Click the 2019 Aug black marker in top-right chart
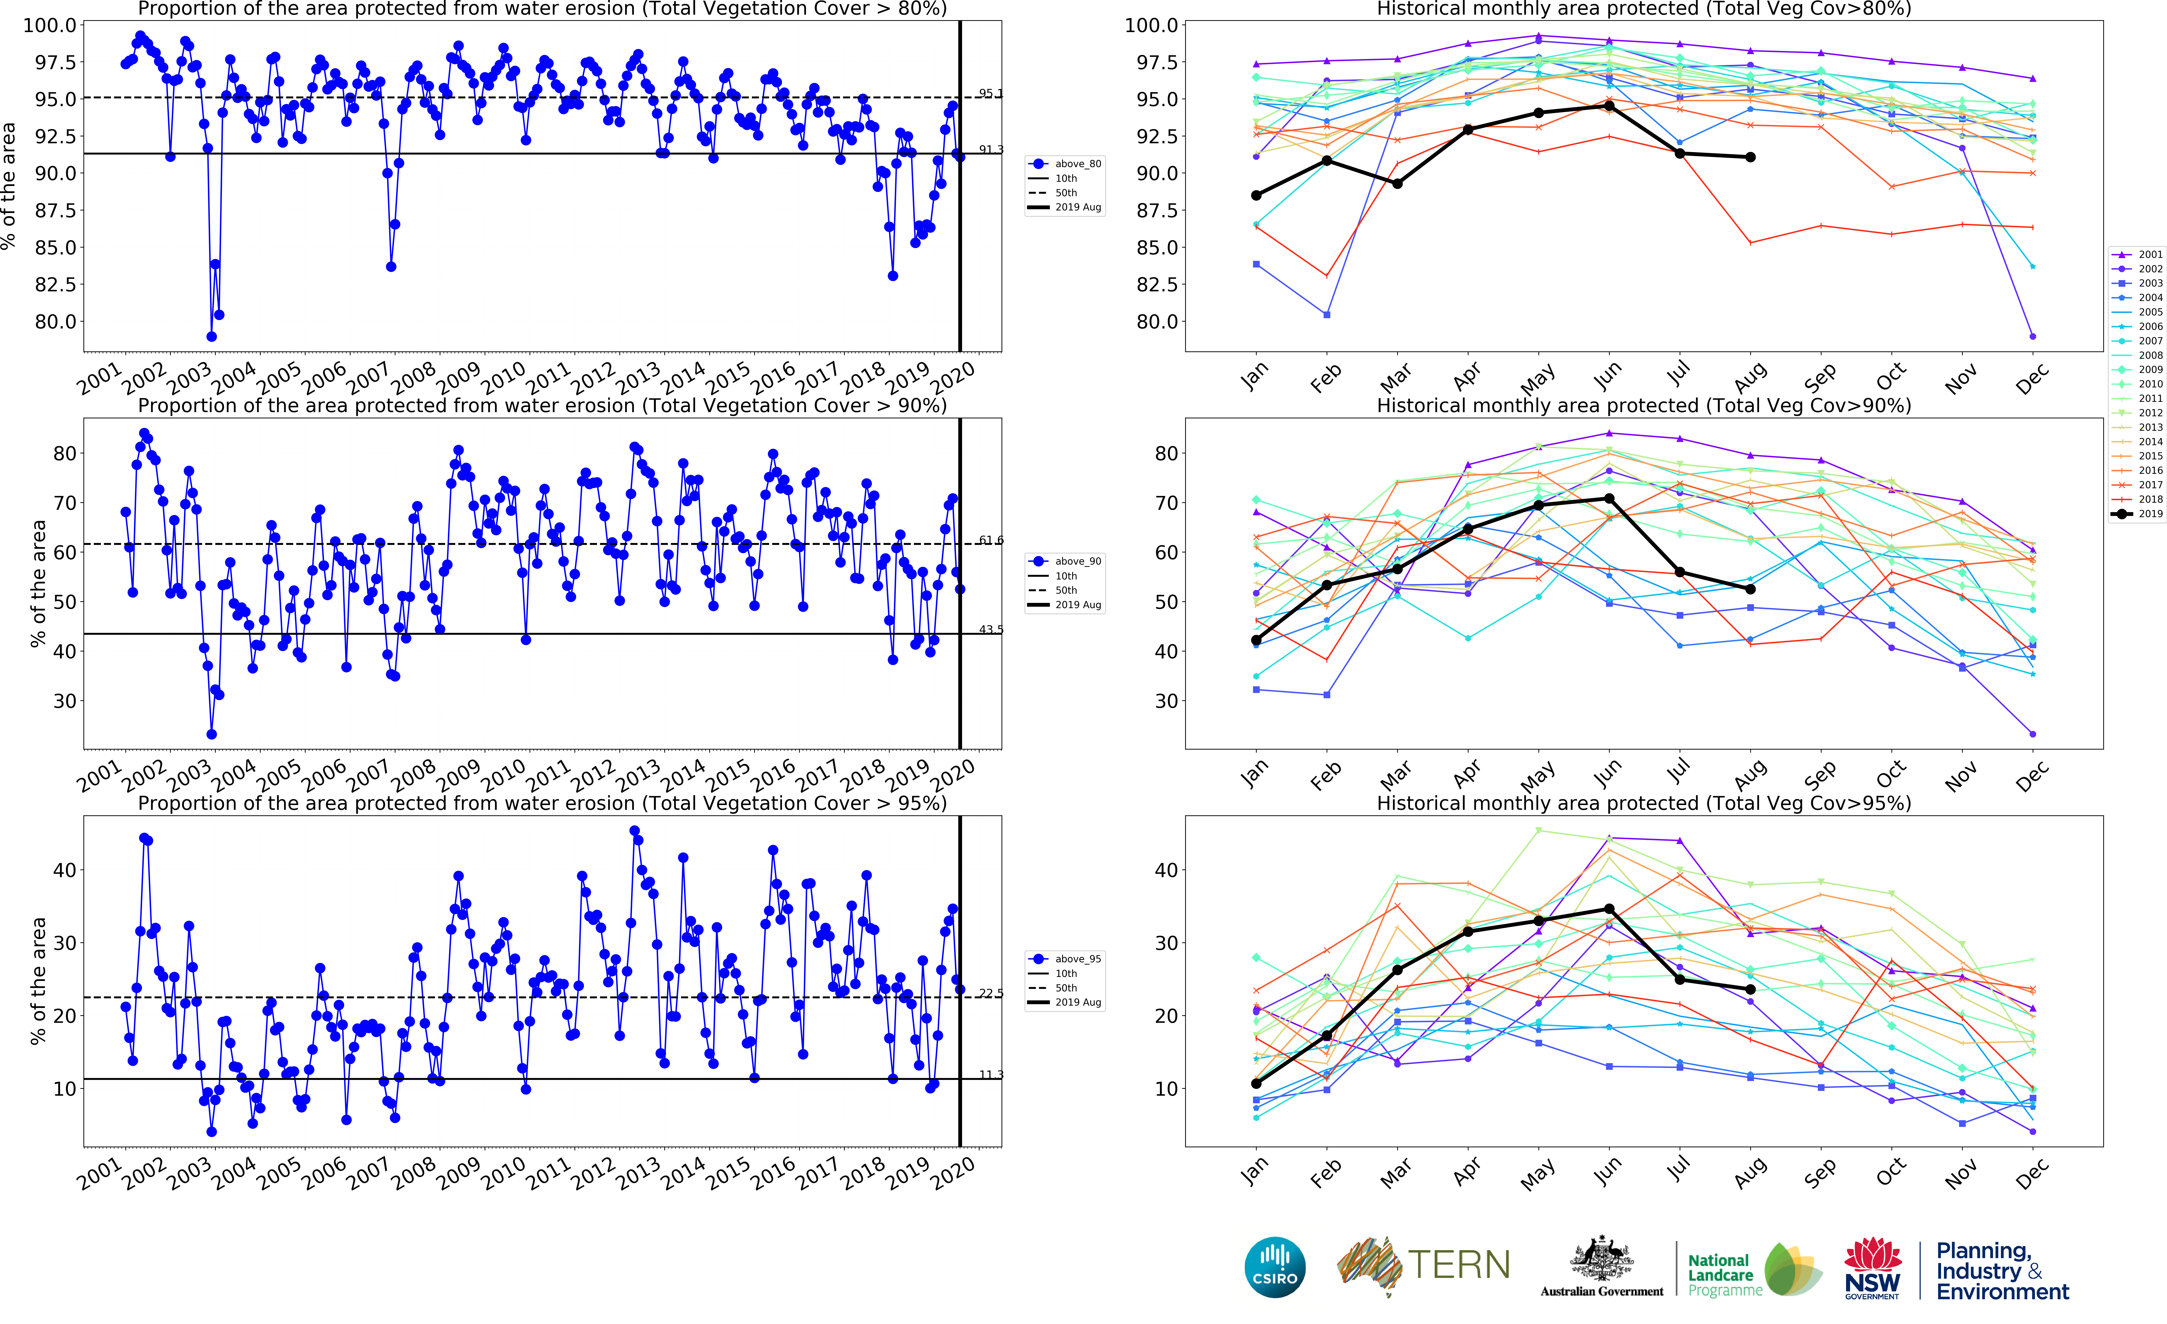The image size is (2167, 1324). coord(1750,157)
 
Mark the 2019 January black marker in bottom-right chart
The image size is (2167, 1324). coord(1256,1083)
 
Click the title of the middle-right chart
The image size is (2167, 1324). coord(1643,405)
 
